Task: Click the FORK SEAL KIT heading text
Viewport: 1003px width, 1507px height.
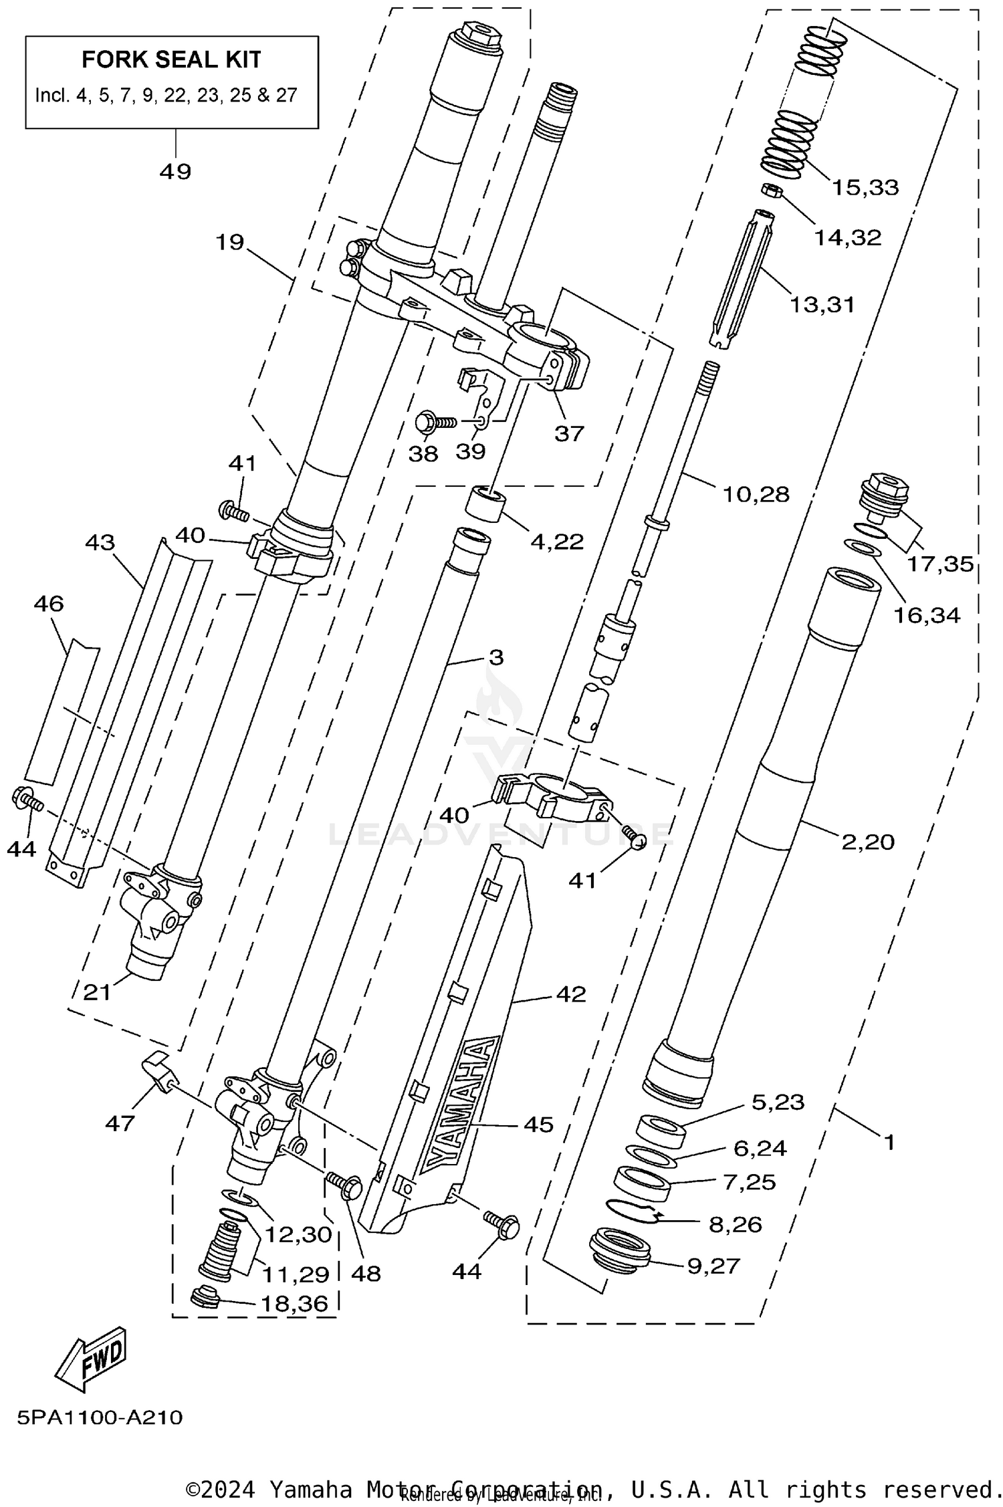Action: click(x=171, y=60)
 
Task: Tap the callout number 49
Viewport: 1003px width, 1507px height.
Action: click(x=175, y=172)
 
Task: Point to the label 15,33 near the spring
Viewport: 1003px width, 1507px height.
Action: click(x=865, y=188)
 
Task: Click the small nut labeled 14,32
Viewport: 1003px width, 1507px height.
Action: click(x=770, y=191)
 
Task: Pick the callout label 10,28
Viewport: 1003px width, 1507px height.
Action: click(x=756, y=495)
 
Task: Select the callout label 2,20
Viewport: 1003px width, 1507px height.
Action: click(x=867, y=842)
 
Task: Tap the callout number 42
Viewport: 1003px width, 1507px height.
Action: click(x=570, y=994)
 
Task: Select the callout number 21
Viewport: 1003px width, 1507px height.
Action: click(x=97, y=992)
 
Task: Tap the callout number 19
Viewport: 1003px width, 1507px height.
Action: click(x=229, y=242)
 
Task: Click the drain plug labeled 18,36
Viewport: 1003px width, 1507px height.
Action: click(x=204, y=1298)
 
